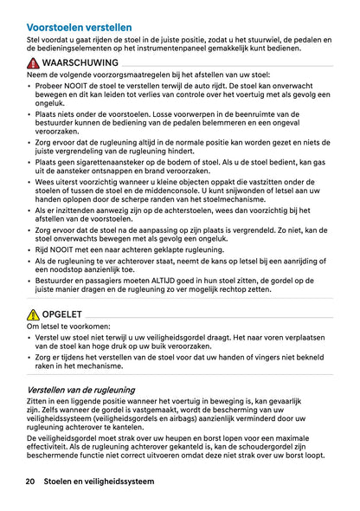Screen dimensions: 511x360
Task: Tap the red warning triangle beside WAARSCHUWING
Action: coord(33,63)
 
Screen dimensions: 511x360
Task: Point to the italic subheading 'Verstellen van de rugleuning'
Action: coord(81,390)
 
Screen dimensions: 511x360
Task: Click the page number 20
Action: coord(30,481)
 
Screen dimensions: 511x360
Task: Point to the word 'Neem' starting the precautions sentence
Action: coord(36,75)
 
